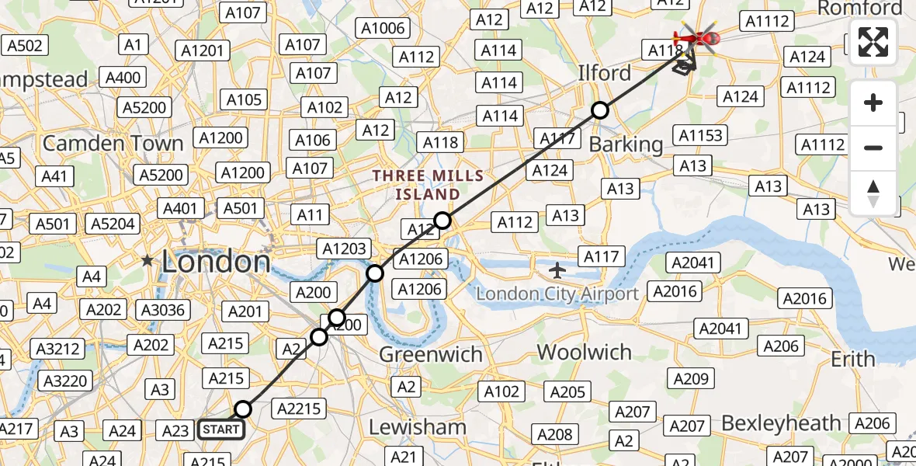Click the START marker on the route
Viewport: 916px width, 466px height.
click(221, 429)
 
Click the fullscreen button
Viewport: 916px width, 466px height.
click(873, 42)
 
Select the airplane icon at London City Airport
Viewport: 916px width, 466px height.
click(557, 270)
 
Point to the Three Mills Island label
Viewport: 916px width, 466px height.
click(427, 184)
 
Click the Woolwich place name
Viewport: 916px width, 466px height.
click(584, 352)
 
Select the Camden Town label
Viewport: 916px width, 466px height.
click(113, 143)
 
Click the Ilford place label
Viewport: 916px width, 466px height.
click(604, 73)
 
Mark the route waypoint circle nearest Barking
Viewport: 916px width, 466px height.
click(600, 110)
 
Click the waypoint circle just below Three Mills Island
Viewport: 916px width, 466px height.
click(442, 221)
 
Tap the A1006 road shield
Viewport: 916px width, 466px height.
click(383, 29)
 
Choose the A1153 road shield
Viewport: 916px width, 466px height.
click(700, 135)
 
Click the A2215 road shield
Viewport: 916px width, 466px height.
click(300, 409)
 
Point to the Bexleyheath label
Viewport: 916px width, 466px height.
click(781, 423)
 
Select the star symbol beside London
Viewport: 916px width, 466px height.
click(147, 261)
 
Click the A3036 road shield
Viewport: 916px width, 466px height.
click(162, 311)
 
